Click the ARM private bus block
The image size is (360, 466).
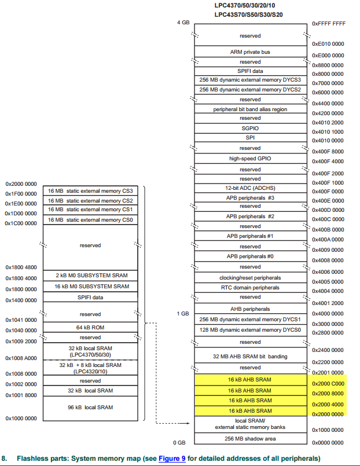(x=250, y=52)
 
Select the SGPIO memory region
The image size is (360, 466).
(x=250, y=128)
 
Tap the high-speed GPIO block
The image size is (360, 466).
(x=250, y=158)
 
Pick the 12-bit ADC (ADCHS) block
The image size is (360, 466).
(x=250, y=188)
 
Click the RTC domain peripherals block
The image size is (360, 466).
(x=250, y=287)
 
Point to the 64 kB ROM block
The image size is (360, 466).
(x=90, y=327)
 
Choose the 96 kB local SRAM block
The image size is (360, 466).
(x=90, y=407)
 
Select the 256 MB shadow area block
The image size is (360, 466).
(x=250, y=438)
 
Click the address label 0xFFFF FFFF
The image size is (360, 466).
(x=329, y=24)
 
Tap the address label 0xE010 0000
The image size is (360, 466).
(x=328, y=44)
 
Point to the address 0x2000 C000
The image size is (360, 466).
(x=328, y=383)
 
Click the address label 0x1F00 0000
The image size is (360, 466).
(x=21, y=194)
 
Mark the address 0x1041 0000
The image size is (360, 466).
(x=21, y=320)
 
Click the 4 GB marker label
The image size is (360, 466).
(x=183, y=23)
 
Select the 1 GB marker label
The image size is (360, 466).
(x=183, y=314)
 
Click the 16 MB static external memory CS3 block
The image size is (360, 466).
(x=90, y=190)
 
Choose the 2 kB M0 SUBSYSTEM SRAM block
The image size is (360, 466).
(x=90, y=275)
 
